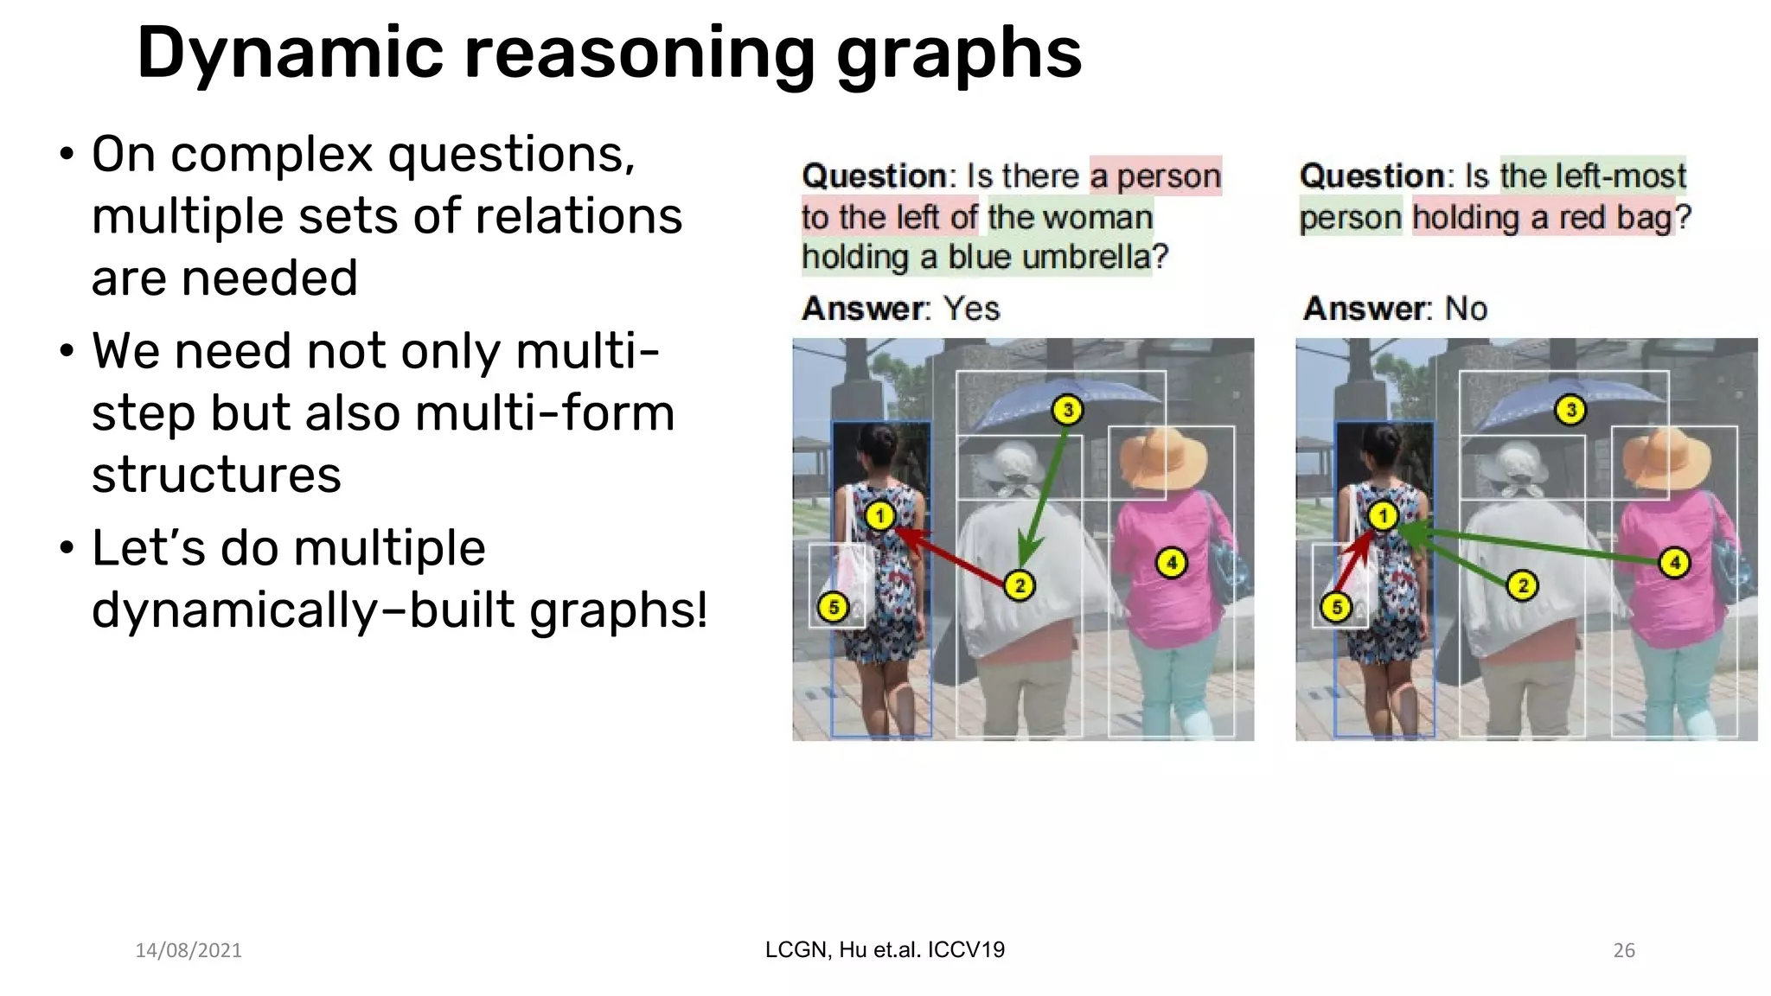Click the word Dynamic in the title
[x=291, y=54]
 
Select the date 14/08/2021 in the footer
[x=189, y=950]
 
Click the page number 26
[x=1624, y=950]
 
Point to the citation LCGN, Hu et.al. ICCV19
[x=885, y=949]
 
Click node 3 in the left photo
[x=1068, y=410]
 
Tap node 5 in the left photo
[x=834, y=607]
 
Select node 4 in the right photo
[x=1675, y=563]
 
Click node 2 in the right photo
[x=1523, y=585]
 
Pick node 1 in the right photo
[x=1383, y=516]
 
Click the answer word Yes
[x=971, y=309]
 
